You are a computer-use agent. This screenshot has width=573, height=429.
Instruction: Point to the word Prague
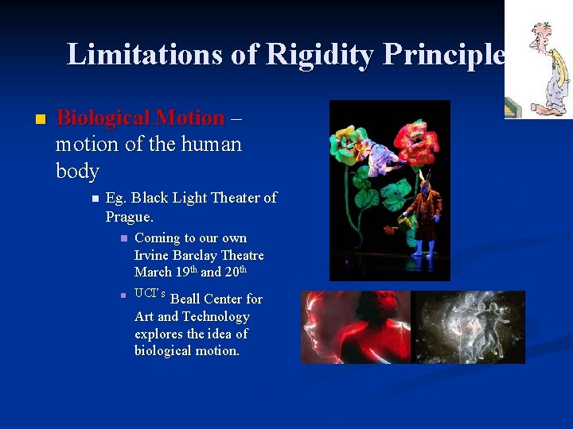click(129, 216)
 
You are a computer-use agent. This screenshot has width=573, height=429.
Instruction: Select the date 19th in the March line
click(182, 272)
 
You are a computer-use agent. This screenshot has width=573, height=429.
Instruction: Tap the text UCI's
click(150, 295)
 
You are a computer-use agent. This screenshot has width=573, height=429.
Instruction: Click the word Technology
click(216, 316)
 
